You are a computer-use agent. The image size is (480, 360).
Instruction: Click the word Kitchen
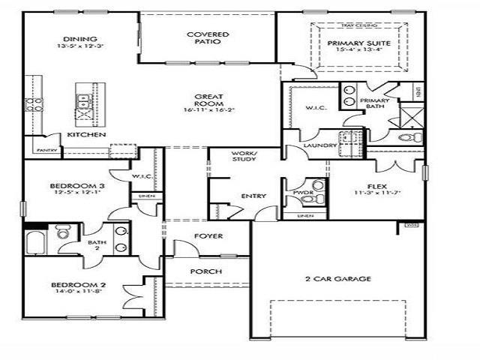point(85,134)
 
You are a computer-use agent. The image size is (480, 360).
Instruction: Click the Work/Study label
point(244,156)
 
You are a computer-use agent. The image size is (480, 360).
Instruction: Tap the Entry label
point(253,196)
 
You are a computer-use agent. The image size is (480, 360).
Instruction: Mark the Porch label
point(205,271)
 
